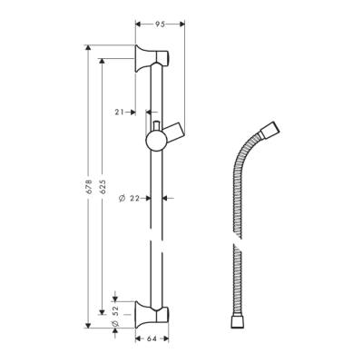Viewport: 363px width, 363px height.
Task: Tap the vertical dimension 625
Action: point(102,185)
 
